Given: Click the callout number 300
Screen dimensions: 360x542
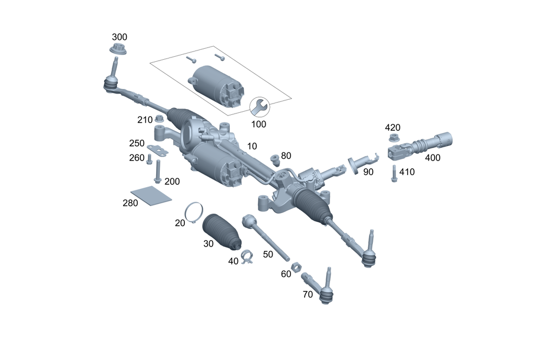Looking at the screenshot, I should tap(119, 37).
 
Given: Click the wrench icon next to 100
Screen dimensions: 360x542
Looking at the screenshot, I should tap(259, 106).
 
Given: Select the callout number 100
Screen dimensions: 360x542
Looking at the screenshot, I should tap(259, 124).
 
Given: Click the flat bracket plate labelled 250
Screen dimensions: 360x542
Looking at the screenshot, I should tap(158, 150).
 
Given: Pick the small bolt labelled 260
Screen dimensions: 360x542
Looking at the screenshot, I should tap(150, 158).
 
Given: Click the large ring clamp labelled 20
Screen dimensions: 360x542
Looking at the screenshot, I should tap(193, 213).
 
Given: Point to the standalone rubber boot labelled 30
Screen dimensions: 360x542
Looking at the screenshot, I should tap(221, 232).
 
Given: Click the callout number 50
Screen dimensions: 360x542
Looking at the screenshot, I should tap(268, 254).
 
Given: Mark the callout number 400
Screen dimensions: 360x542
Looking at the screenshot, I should tap(433, 158).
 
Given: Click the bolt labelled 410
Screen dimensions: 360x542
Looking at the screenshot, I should tap(394, 173).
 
